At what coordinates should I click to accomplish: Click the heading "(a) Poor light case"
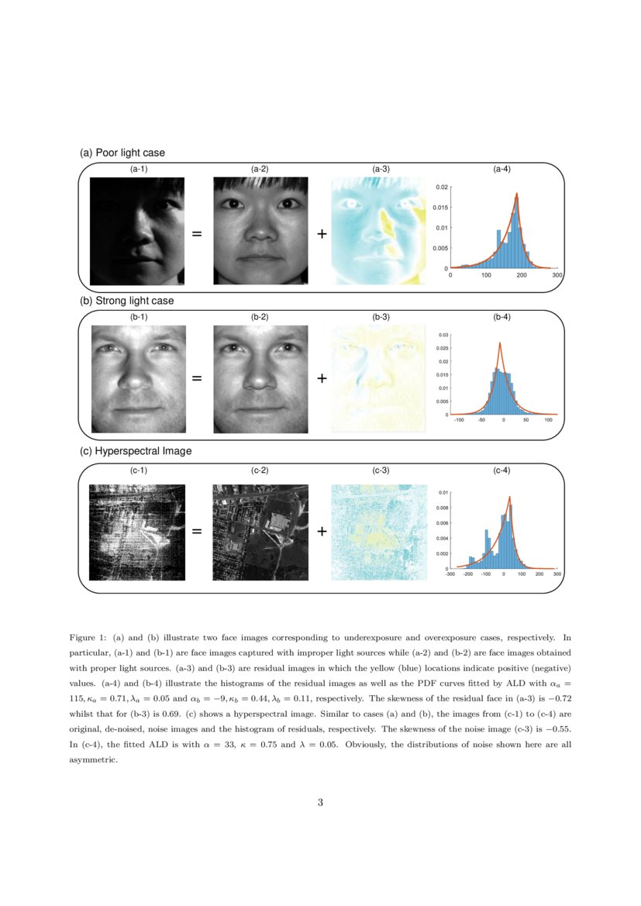tap(122, 153)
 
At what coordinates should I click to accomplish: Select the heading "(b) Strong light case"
tap(127, 300)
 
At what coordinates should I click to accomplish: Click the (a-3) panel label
tap(381, 168)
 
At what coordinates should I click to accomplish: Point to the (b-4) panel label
tap(501, 316)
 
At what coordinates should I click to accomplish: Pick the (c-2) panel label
tap(260, 470)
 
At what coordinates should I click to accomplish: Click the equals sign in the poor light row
tap(197, 233)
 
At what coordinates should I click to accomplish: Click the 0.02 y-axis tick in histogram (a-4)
tap(440, 188)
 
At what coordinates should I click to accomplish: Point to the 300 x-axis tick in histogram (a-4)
tap(557, 275)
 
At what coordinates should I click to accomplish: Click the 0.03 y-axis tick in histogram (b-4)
tap(443, 335)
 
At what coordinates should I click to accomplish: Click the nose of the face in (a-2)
tap(260, 230)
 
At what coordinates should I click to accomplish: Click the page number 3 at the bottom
tap(320, 802)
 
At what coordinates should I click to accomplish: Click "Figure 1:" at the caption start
tap(87, 639)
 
